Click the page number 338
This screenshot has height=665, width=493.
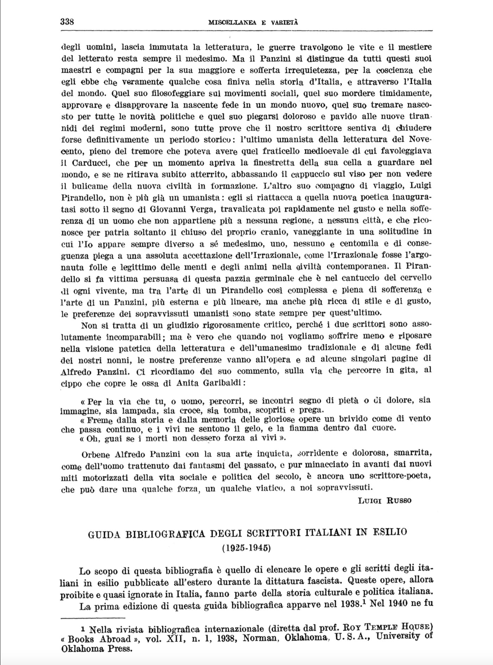[67, 21]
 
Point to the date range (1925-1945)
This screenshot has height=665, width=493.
[246, 548]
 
